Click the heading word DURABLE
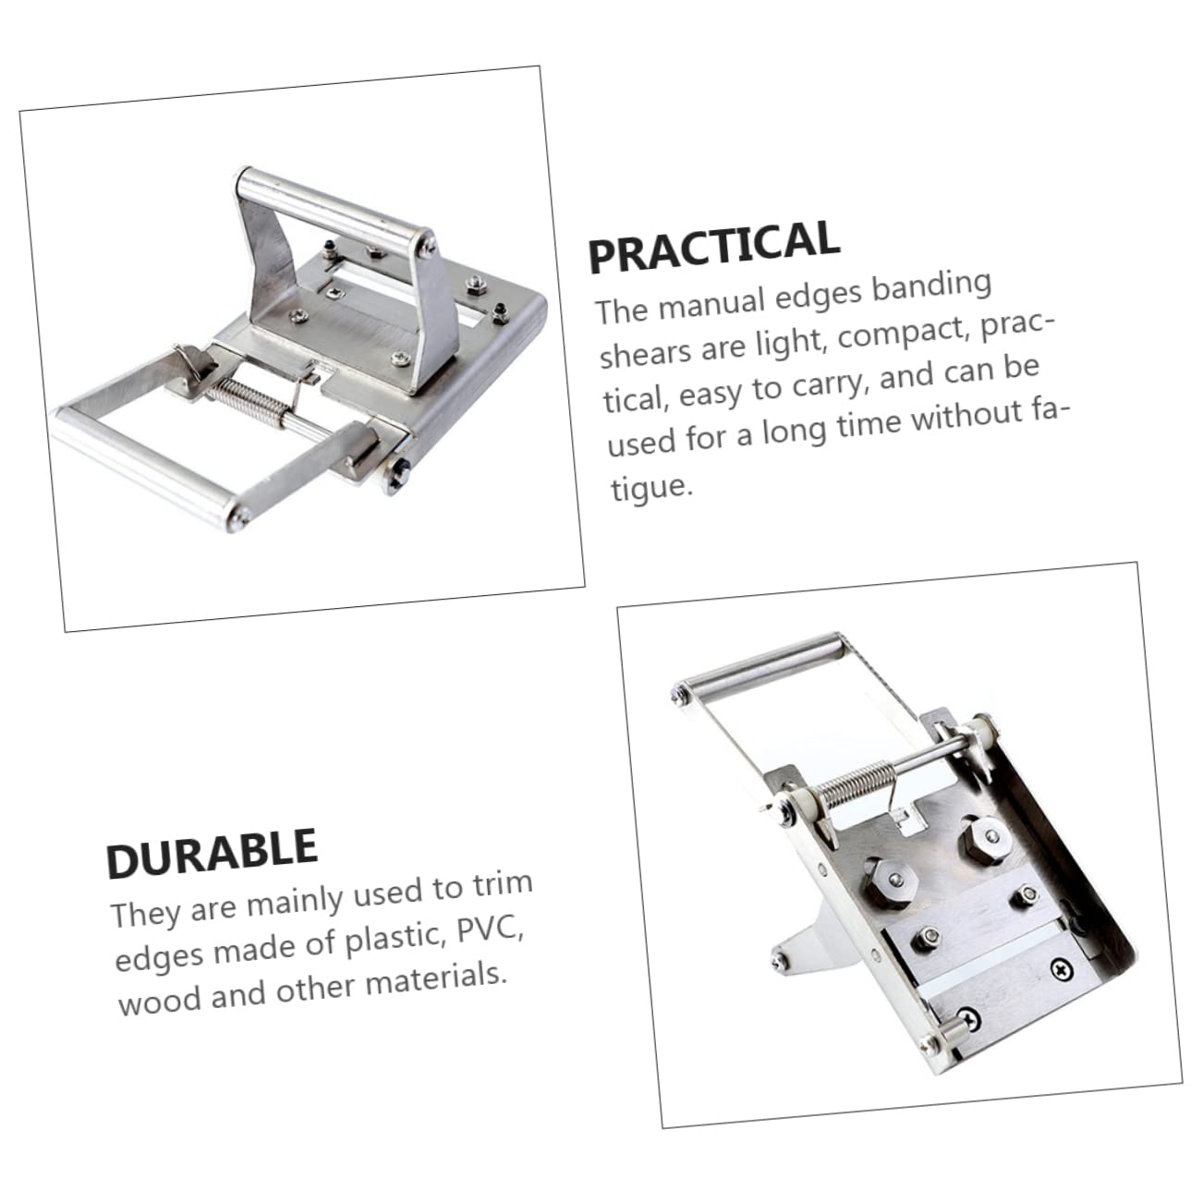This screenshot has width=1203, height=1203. point(212,853)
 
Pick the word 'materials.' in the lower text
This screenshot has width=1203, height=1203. point(437,978)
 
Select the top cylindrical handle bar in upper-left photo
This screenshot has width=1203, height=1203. point(333,204)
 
